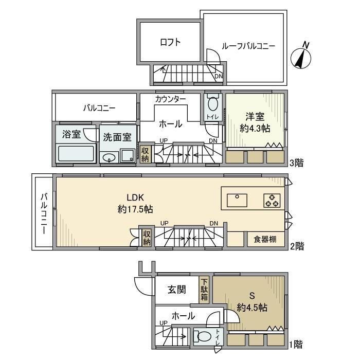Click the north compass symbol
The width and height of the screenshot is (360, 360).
(302, 57)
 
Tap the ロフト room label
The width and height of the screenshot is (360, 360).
(170, 43)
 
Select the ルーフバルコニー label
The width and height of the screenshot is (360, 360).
(248, 46)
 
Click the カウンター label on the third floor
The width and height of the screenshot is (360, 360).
(170, 98)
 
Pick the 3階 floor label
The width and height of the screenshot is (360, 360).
(296, 164)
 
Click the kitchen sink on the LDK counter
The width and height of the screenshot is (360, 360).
(236, 198)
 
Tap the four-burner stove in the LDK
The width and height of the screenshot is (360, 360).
(272, 200)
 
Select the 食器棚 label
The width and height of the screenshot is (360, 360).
(266, 239)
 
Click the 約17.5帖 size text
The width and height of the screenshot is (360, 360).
(135, 209)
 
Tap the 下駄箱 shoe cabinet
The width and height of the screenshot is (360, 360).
(205, 290)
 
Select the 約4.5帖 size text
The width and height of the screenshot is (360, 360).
(252, 308)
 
